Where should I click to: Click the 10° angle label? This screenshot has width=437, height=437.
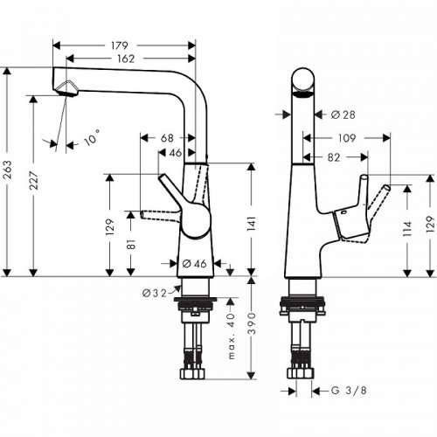click(x=92, y=137)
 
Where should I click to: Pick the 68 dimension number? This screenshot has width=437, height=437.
click(x=167, y=137)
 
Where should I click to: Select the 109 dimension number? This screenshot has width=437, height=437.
click(x=347, y=137)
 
